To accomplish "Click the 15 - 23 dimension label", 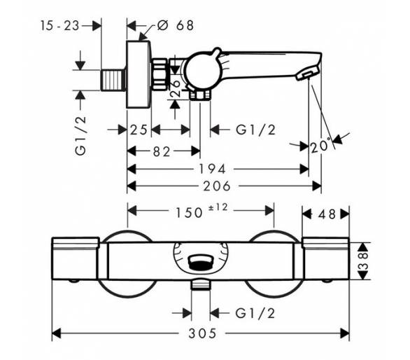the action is tap(59, 26).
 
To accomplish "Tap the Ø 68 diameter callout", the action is tap(176, 25).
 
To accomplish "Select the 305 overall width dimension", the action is tap(202, 333).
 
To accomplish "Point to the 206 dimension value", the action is tap(217, 186).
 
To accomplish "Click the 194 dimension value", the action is tap(212, 169).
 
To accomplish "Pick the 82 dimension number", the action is tap(162, 151).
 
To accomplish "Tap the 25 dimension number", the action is tap(139, 130).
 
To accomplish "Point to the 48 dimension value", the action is tap(327, 214).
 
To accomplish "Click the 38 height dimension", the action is tap(363, 261).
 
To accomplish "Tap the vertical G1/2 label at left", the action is tap(80, 136).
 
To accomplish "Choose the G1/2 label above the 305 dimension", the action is tap(255, 313).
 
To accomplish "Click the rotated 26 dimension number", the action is tap(176, 88).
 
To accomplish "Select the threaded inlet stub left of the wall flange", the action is tap(113, 80).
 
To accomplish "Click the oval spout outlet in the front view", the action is tap(201, 263).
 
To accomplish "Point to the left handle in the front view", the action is tap(76, 258).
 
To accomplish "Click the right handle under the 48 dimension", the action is tap(325, 258).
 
